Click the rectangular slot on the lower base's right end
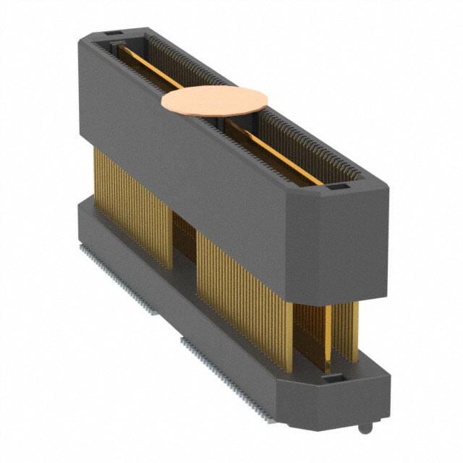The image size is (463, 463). (x=328, y=378)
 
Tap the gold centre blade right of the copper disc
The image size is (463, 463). (x=279, y=148)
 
